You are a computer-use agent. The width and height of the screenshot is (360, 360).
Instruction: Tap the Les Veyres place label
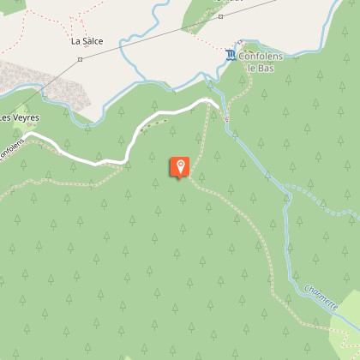pyautogui.click(x=20, y=117)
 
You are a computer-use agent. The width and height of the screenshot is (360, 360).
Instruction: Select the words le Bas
pyautogui.click(x=259, y=67)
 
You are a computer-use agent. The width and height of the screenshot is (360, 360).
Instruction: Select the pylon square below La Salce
pyautogui.click(x=79, y=59)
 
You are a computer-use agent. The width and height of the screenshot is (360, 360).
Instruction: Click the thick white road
pyautogui.click(x=129, y=146)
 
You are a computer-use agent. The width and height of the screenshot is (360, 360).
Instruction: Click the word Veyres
pyautogui.click(x=26, y=117)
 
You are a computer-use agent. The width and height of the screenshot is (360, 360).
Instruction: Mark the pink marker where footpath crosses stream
pyautogui.click(x=226, y=120)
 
